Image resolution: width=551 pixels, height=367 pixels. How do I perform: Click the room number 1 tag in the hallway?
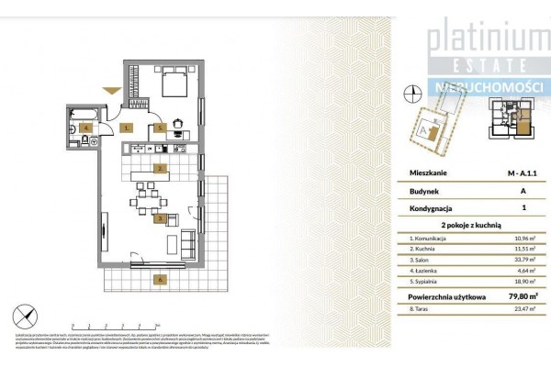coord(127,128)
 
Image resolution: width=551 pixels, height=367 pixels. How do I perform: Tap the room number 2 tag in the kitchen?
coord(160,169)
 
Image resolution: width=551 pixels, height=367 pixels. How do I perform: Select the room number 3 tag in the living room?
coord(160,220)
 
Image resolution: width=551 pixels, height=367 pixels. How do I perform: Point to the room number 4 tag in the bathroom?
coord(84,128)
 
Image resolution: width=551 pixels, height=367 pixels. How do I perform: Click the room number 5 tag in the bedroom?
coord(160,128)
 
